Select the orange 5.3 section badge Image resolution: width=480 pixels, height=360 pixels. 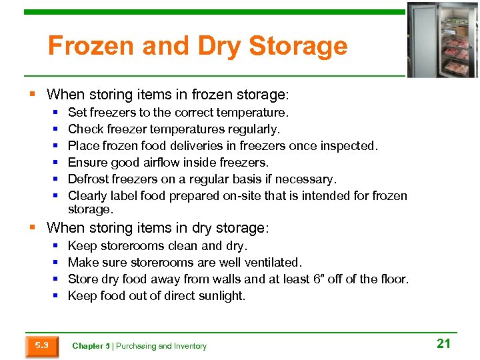click(41, 345)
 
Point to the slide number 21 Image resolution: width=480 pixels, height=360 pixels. click(443, 343)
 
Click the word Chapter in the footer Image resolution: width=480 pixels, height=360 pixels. click(87, 346)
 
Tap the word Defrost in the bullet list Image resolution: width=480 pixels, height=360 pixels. click(90, 179)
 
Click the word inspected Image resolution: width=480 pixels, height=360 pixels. click(349, 145)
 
